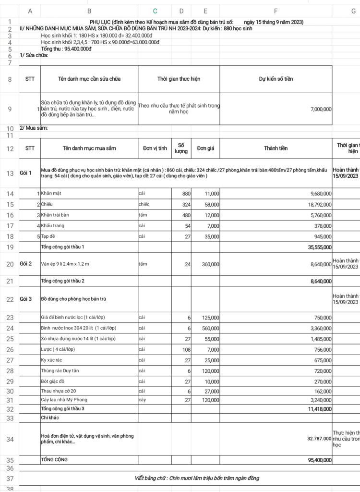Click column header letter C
point(155,11)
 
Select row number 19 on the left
point(10,247)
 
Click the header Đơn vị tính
point(155,148)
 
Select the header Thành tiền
point(276,148)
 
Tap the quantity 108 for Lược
point(186,350)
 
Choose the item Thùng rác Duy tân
point(61,371)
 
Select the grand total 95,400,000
point(315,460)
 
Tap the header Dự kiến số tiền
point(276,78)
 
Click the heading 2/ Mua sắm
point(34,128)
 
